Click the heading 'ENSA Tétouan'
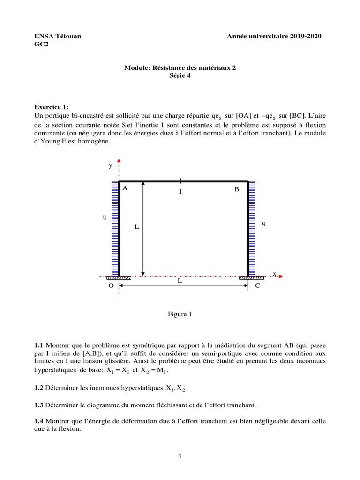(x=58, y=37)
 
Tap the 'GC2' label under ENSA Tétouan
(x=41, y=45)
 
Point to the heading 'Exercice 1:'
(x=52, y=107)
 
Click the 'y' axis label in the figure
(x=111, y=165)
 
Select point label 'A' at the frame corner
(x=125, y=188)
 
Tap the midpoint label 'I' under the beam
(x=180, y=192)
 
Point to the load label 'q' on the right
(x=264, y=224)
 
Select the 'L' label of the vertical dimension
(x=137, y=226)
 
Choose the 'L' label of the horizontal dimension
(x=180, y=280)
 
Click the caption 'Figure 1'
(x=180, y=315)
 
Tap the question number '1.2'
(x=40, y=388)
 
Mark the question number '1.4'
(x=40, y=421)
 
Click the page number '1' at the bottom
(x=180, y=457)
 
